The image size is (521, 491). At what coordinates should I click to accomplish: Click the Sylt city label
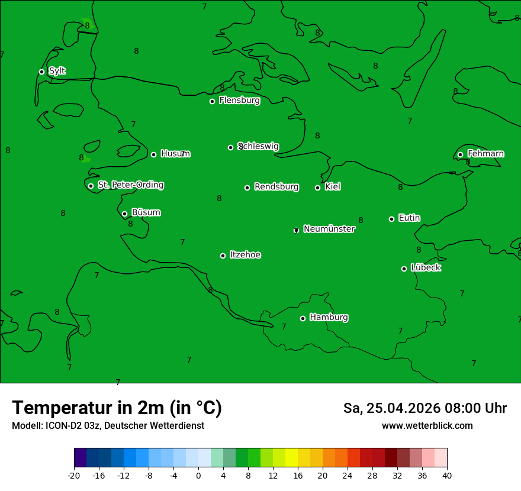(57, 71)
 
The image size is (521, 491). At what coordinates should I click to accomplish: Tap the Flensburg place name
(239, 101)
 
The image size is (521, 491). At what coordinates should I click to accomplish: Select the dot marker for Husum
(153, 154)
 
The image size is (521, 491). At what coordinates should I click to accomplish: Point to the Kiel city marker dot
(317, 188)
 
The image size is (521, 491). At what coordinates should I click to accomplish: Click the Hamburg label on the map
(329, 318)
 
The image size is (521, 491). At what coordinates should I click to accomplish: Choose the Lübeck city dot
(404, 269)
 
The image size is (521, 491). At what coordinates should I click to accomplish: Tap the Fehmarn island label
(485, 154)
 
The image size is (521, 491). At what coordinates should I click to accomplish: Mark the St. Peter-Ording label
(130, 185)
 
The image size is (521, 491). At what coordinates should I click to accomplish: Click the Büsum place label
(146, 212)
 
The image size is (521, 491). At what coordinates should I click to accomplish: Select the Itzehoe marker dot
(223, 256)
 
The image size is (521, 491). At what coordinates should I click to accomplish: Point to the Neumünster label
(329, 229)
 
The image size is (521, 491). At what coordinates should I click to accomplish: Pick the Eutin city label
(409, 218)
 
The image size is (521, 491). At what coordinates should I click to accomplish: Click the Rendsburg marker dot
(247, 188)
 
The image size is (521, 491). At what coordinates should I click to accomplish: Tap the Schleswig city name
(259, 146)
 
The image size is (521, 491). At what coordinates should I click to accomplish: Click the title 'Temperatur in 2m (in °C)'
(117, 408)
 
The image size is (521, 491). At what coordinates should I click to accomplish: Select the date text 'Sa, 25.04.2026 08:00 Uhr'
(424, 408)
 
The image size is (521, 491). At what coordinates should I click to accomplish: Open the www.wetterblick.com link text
(427, 426)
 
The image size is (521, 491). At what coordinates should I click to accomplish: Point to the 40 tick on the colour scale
(447, 475)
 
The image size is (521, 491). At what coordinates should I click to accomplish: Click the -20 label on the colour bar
(74, 475)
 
